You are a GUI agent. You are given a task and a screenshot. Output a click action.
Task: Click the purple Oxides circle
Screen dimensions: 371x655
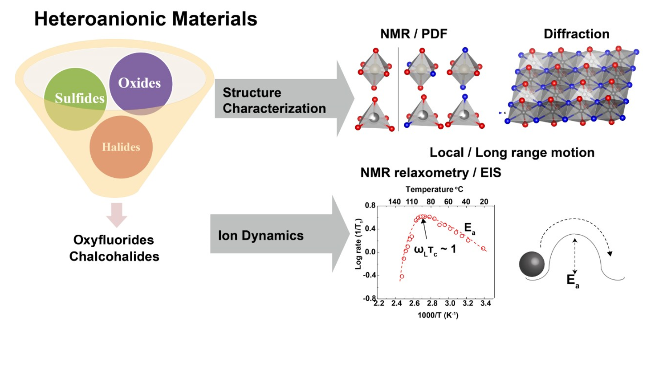(141, 84)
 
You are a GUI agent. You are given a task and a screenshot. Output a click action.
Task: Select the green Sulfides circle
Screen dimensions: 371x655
(76, 99)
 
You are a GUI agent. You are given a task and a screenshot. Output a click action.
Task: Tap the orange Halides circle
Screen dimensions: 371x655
(121, 147)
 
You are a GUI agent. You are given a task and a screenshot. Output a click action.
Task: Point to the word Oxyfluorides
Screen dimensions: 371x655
(114, 240)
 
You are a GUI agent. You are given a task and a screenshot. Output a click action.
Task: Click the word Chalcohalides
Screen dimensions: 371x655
(114, 257)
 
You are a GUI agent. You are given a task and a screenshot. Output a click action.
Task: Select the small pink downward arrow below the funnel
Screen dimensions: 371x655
(117, 215)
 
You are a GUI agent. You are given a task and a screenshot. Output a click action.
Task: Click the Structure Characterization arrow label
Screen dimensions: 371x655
(274, 101)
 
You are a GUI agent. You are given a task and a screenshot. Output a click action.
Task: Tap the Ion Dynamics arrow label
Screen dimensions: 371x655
(260, 236)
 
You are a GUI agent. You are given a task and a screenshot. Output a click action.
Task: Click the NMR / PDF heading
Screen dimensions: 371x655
(413, 34)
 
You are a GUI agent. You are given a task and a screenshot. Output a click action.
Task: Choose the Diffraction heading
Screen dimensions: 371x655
(576, 34)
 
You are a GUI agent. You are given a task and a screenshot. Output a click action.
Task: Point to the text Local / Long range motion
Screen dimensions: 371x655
(512, 153)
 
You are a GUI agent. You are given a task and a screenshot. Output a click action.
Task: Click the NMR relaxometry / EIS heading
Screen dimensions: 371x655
(431, 173)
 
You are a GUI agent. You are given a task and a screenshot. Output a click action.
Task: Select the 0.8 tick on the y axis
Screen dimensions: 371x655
(370, 206)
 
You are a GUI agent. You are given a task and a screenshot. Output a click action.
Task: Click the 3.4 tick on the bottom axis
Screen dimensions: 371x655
(485, 304)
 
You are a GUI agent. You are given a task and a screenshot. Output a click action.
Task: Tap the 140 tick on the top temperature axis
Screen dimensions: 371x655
(394, 202)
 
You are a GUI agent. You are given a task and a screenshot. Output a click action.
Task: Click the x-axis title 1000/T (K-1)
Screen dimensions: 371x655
(438, 315)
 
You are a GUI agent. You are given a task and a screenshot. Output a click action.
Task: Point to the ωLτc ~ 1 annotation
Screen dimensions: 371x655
(435, 249)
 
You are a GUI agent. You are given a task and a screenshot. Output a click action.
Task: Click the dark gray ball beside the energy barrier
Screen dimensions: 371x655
(532, 264)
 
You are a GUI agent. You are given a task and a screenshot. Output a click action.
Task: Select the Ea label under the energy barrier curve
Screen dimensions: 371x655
(573, 281)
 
